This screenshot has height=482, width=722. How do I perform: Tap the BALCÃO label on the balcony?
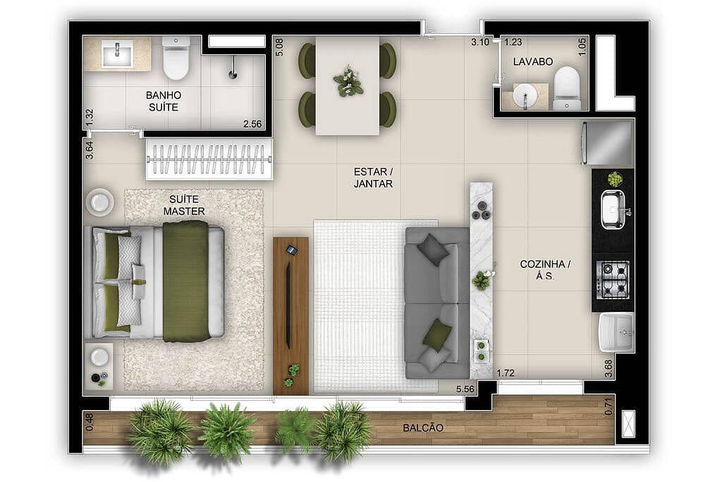point(423,428)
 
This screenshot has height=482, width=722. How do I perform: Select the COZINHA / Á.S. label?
point(545,270)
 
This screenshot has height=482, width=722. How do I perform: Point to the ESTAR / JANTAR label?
point(373,177)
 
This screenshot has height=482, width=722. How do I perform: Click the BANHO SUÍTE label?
point(164,101)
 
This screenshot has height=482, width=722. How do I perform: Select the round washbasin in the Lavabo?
point(525,95)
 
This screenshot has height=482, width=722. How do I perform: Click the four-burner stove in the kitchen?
point(613,279)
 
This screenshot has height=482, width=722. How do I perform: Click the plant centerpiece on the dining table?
point(348,81)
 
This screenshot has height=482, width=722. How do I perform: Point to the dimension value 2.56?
point(252,124)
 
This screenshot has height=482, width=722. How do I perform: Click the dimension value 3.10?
point(480,42)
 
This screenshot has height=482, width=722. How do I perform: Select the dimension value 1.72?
point(506,372)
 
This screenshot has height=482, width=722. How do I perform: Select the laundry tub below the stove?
point(616,332)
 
